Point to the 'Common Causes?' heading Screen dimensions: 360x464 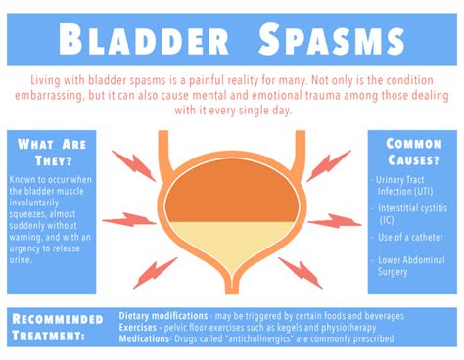coord(413,153)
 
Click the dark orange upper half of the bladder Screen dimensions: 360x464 coord(231,196)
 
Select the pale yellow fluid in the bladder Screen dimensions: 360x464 coord(231,245)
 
